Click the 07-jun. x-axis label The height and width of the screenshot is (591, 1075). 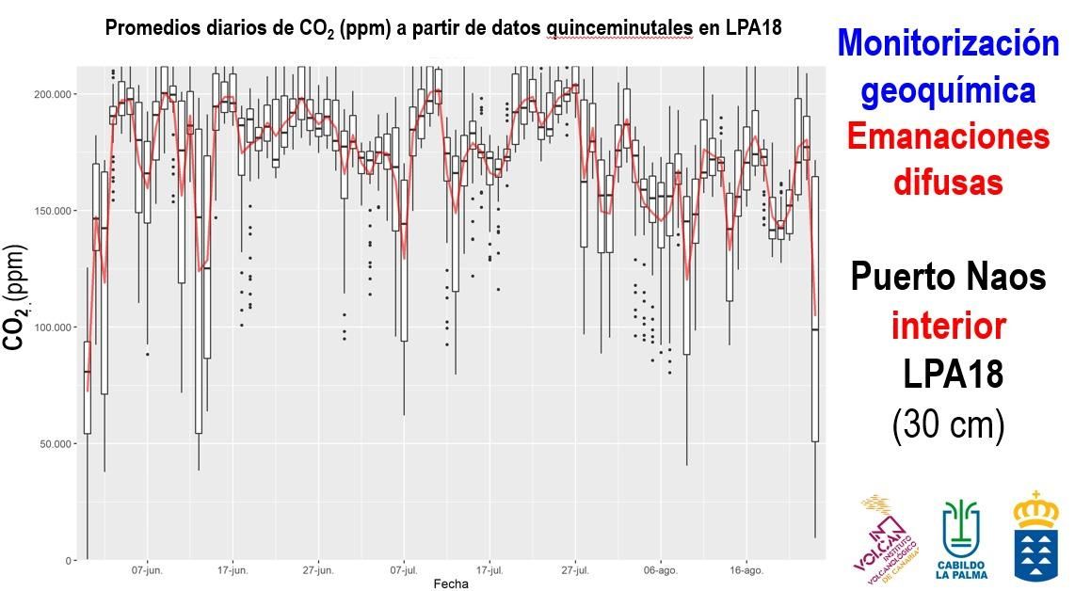click(147, 570)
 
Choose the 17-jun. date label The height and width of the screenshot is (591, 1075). click(233, 570)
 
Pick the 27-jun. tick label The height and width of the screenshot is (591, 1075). click(318, 570)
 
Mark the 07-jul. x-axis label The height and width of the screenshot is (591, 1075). click(404, 570)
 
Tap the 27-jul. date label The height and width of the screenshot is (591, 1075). click(575, 570)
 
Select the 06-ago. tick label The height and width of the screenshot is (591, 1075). click(661, 570)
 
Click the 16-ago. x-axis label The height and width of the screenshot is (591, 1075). click(746, 570)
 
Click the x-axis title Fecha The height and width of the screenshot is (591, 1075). click(450, 583)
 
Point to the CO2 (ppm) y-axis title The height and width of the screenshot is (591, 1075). click(15, 296)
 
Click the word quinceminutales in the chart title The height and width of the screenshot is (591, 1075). click(620, 27)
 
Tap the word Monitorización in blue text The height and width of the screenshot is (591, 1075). click(948, 42)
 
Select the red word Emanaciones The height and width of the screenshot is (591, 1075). click(948, 136)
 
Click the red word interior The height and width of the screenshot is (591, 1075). click(948, 327)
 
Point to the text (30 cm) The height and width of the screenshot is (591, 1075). click(948, 425)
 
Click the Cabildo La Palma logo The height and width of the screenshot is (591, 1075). click(960, 539)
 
